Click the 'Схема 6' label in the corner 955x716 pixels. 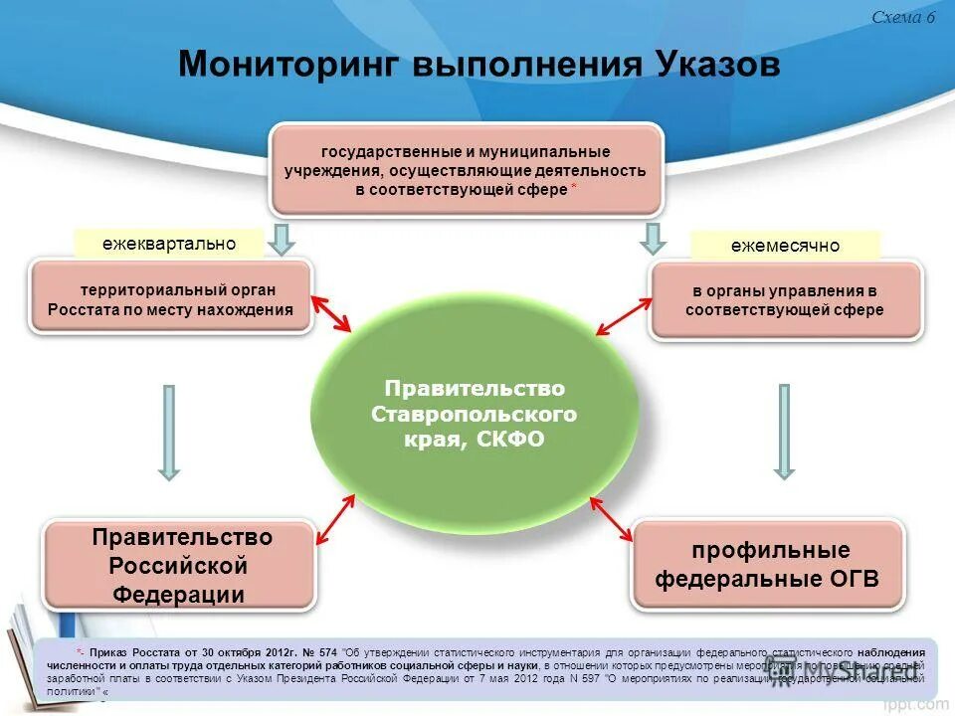[902, 18]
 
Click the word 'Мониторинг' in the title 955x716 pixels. [288, 65]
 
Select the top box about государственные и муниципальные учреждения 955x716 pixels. [466, 170]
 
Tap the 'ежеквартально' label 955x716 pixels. [169, 244]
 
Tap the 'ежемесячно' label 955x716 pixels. [785, 246]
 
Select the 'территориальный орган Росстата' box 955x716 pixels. [171, 299]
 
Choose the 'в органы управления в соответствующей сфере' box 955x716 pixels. [785, 300]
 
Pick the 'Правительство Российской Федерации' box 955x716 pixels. [180, 565]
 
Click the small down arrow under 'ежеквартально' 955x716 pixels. [282, 239]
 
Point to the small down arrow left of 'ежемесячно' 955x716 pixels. [653, 239]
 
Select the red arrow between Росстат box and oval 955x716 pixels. [332, 312]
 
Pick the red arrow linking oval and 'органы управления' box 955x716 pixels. [620, 316]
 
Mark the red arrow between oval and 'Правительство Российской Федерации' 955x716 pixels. [335, 520]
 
